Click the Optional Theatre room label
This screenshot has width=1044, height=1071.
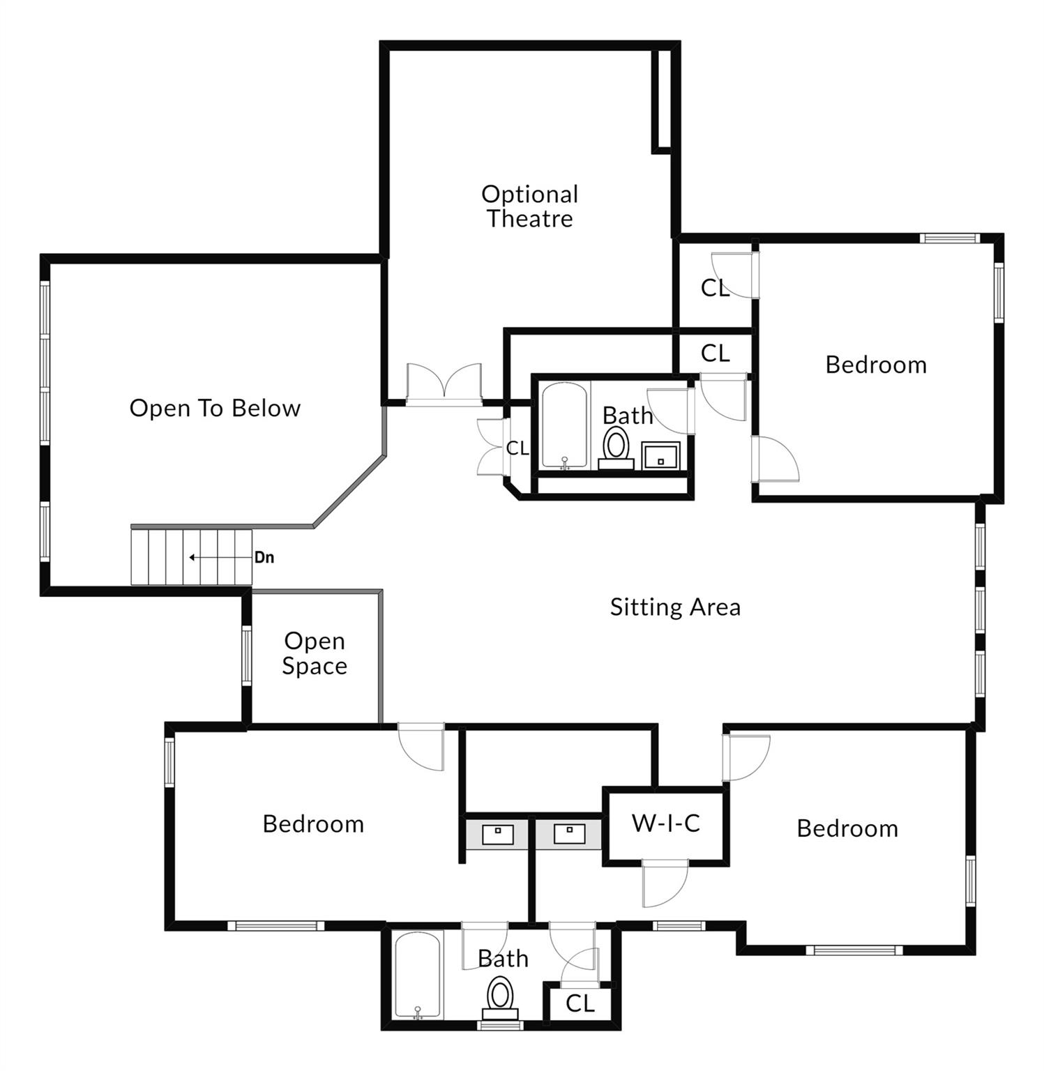[x=529, y=206]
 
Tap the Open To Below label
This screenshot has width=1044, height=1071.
[x=215, y=408]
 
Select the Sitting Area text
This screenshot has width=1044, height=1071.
[x=675, y=607]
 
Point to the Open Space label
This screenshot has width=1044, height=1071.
[x=315, y=653]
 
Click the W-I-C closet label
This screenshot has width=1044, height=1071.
[x=665, y=823]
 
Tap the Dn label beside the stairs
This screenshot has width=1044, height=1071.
[x=264, y=558]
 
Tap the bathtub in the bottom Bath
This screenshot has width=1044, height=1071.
[x=417, y=975]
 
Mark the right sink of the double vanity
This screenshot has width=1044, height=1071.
[x=569, y=833]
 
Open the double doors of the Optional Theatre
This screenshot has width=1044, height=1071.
[x=444, y=383]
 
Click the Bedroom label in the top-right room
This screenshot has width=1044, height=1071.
[x=876, y=365]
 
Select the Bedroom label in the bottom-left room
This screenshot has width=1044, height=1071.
[x=313, y=824]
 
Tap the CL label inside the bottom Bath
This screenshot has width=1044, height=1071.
[x=580, y=1004]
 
